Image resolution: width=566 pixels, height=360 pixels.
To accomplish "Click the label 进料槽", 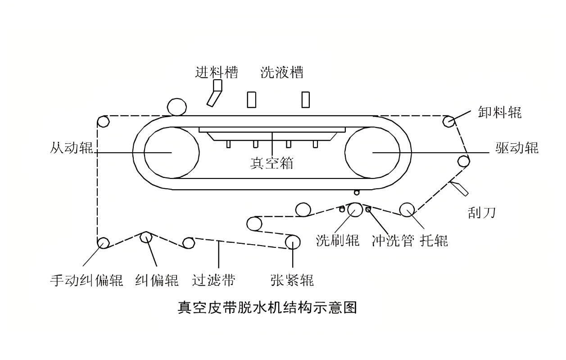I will (x=216, y=73).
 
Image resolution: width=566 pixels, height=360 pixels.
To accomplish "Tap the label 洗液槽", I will (x=282, y=73).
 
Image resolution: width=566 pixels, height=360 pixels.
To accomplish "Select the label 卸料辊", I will (x=500, y=112).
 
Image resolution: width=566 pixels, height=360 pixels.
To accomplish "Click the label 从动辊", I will (x=72, y=148).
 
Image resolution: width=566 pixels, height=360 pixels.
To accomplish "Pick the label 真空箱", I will (x=272, y=163).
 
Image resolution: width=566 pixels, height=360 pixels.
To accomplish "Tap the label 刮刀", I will (x=481, y=212).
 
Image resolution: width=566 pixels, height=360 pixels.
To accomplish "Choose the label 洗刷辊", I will (x=338, y=240).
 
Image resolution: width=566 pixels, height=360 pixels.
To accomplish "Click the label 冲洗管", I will (x=393, y=240).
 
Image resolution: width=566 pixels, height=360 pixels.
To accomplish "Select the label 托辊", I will (x=434, y=240).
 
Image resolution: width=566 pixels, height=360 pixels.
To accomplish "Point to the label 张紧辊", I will (x=292, y=280).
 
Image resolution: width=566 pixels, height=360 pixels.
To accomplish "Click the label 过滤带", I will (x=213, y=280).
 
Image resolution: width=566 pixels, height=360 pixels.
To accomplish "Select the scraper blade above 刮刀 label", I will (x=459, y=188).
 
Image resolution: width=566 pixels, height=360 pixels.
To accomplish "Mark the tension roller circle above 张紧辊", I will (x=293, y=242).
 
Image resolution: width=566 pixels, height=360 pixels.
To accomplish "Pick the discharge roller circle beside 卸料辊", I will (x=448, y=121).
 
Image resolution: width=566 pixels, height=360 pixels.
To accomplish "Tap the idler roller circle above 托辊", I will (x=407, y=210).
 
